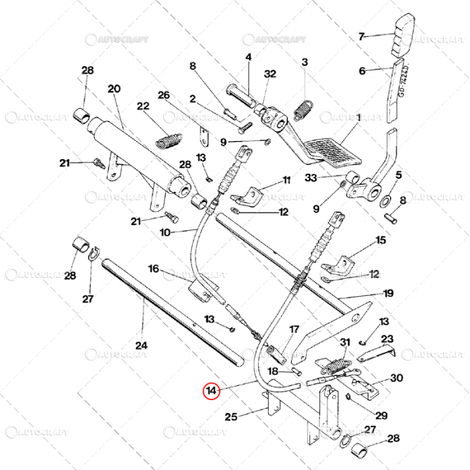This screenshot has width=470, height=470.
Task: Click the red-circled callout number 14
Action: click(212, 391)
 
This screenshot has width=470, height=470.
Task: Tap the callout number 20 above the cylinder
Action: click(113, 89)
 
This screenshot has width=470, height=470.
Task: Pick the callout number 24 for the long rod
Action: click(141, 346)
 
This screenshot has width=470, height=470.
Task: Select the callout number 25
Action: click(231, 417)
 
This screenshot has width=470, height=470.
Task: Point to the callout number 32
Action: click(270, 75)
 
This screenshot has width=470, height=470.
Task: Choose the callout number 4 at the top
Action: click(248, 58)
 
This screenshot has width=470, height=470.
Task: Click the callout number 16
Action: click(153, 269)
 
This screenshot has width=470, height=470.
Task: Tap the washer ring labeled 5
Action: click(388, 201)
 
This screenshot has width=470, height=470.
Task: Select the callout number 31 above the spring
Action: click(345, 343)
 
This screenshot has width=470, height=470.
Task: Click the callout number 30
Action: click(397, 378)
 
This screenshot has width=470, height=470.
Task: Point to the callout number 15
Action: click(381, 240)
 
